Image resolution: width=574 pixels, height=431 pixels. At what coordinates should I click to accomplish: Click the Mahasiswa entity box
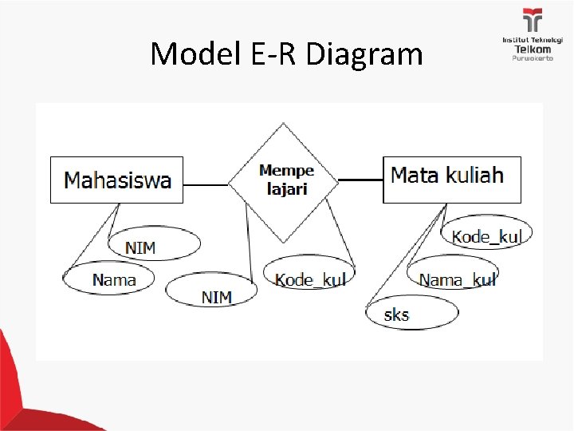117,180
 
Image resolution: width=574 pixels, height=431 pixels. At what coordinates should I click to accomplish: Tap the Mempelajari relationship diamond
284,181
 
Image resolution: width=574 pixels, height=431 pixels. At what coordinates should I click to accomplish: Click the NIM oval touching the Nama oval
155,244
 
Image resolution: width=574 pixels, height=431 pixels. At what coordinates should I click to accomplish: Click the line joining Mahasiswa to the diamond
206,185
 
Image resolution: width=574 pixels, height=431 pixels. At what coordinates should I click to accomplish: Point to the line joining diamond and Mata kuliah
361,180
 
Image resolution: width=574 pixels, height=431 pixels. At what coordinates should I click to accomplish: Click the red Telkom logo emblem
532,21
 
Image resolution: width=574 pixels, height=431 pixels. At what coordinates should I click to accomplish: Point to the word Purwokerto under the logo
532,58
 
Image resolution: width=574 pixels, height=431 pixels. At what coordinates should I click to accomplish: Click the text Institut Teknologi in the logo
532,40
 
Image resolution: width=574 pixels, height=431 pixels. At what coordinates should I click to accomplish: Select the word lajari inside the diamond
286,190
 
